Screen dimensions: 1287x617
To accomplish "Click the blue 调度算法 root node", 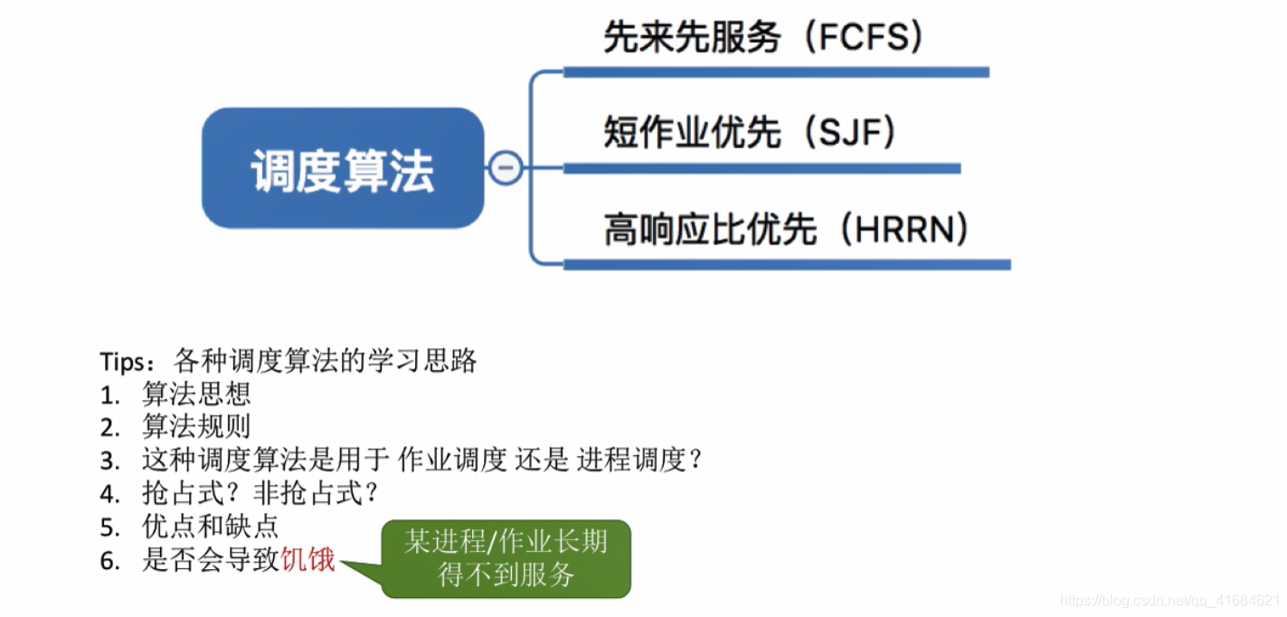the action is click(343, 168).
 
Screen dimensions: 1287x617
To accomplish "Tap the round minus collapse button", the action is click(506, 167).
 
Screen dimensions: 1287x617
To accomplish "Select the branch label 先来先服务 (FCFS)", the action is click(763, 37).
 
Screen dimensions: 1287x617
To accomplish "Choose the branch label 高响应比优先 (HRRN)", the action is click(786, 230).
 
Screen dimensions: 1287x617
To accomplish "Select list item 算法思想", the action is click(196, 394).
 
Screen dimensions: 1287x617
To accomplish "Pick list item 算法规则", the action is click(196, 427).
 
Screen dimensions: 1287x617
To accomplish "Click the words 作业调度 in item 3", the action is click(451, 460).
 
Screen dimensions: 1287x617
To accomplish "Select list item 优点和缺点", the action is click(210, 527).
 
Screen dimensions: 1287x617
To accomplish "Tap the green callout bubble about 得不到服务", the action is click(506, 558).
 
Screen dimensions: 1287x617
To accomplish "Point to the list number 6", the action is click(109, 561).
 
